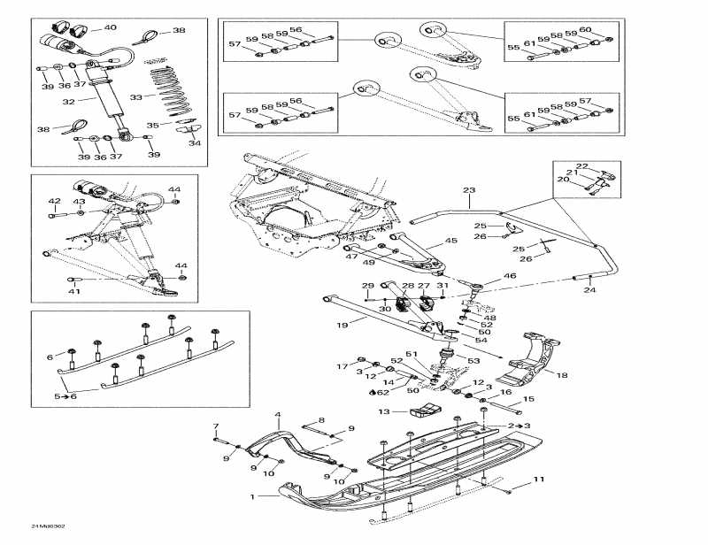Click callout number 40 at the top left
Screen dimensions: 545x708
(x=110, y=27)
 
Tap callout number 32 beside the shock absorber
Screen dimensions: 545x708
(x=67, y=102)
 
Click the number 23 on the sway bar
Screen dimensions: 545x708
(x=469, y=190)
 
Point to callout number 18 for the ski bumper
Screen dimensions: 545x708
(x=560, y=374)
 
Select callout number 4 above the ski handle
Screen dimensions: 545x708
(x=277, y=414)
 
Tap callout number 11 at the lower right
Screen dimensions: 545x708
(x=538, y=480)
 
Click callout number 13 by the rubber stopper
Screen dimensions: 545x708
(x=384, y=411)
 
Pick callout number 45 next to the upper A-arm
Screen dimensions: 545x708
(x=450, y=241)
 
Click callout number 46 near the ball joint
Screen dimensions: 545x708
(x=510, y=277)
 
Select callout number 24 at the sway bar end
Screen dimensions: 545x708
(x=589, y=290)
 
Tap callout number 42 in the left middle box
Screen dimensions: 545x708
(x=54, y=201)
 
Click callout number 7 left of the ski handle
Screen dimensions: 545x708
(x=215, y=427)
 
